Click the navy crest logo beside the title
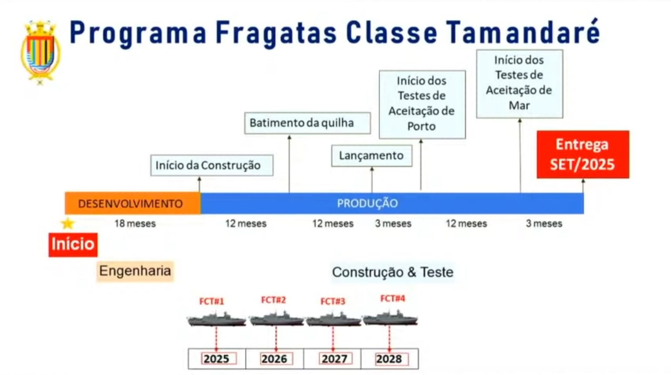coord(41,53)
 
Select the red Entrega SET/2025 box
coord(583,154)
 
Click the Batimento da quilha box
coord(308,123)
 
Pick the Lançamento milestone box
coord(372,156)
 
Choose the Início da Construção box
coord(212,165)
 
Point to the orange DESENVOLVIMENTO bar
coord(133,203)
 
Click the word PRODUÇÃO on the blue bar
coord(367,203)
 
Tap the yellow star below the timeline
coord(68,224)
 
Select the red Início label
coord(73,245)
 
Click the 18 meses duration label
coord(135,224)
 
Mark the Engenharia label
coord(135,271)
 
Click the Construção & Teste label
coord(393,273)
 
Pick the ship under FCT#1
coord(217,319)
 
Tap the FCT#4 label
coord(393,298)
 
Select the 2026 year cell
coord(274,359)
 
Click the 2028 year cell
coord(390,359)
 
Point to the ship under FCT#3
coord(333,319)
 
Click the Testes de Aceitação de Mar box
coord(520,84)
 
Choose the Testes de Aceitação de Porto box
coord(422,105)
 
